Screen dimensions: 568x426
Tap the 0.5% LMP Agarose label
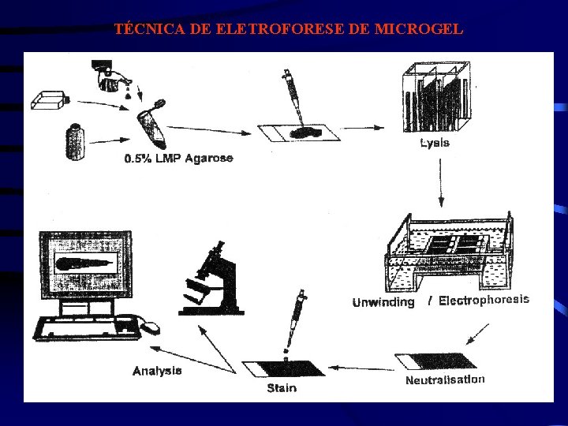coord(179,159)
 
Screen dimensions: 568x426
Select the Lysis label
coord(435,144)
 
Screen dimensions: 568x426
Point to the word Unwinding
coord(383,303)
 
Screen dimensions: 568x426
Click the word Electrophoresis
coord(484,300)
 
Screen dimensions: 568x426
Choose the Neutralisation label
coord(445,379)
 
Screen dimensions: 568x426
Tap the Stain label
coord(282,387)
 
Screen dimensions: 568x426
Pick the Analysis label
coord(158,370)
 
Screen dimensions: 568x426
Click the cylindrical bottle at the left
coord(77,143)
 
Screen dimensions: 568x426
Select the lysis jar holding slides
coord(435,101)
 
